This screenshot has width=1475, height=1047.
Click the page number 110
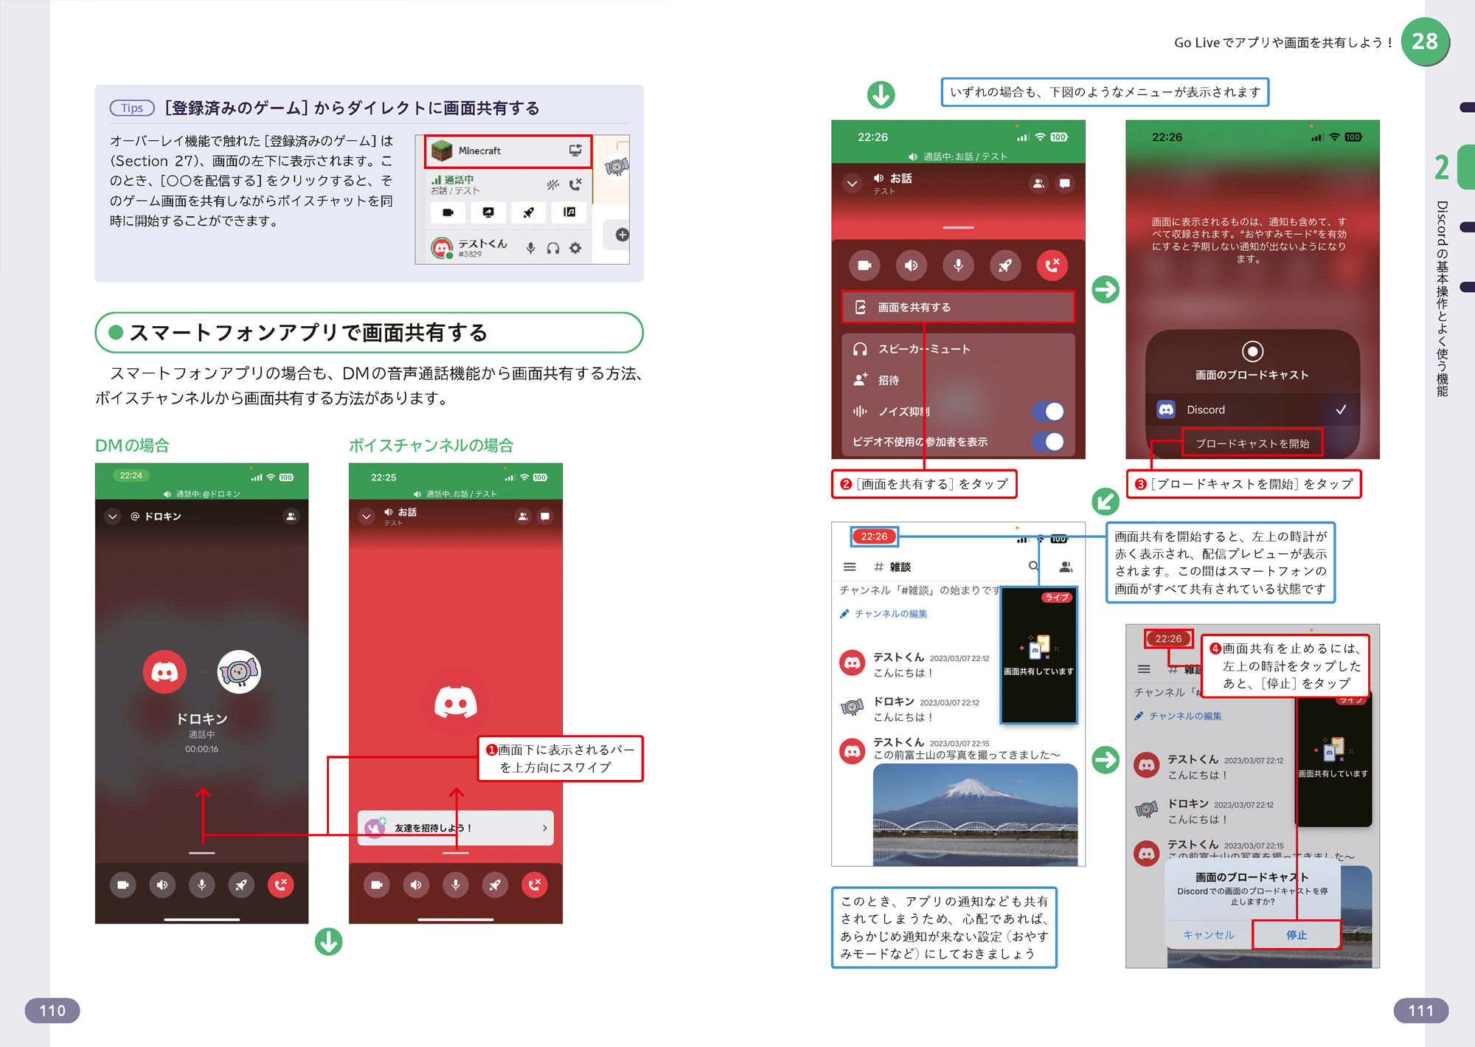52,1010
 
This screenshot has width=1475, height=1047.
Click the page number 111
1420,1010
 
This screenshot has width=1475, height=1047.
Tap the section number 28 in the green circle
1425,41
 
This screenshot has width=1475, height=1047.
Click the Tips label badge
132,108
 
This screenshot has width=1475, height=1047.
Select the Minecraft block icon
442,151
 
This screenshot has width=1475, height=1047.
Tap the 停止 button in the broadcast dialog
1297,935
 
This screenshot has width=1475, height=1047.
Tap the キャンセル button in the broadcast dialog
1209,935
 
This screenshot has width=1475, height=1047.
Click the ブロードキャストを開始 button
1252,443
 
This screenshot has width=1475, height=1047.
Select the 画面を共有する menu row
957,307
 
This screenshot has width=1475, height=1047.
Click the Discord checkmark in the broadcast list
1341,410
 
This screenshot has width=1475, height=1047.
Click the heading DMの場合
132,445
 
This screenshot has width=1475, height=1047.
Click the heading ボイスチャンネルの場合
431,445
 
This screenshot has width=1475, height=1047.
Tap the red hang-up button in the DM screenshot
280,885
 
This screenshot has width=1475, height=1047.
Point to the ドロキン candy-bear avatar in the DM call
239,671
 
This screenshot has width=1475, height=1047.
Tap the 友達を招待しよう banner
455,828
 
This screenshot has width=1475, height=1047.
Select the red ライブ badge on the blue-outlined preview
1057,598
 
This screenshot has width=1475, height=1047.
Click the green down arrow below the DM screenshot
329,941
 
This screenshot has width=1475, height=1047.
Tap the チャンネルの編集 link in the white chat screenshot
891,614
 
